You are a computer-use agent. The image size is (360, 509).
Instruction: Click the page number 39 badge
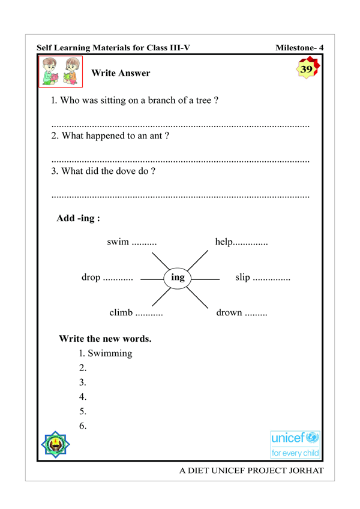point(307,69)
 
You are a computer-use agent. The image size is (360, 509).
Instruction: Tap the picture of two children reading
point(62,72)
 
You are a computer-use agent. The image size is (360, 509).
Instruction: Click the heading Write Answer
point(121,73)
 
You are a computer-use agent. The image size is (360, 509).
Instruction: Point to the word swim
point(118,242)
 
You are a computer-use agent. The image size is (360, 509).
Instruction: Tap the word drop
point(91,278)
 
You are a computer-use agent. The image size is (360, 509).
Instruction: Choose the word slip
point(242,278)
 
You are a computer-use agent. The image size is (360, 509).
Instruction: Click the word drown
point(229,312)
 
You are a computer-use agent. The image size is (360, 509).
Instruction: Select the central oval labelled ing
point(178,277)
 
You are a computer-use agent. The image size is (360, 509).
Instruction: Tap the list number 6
point(83,426)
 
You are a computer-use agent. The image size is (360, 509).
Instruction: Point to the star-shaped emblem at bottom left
point(56,444)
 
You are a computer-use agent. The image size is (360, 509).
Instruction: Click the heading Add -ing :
point(78,219)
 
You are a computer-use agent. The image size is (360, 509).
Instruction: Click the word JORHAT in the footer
point(305,471)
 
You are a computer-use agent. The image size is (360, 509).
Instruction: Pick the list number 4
point(83,397)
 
